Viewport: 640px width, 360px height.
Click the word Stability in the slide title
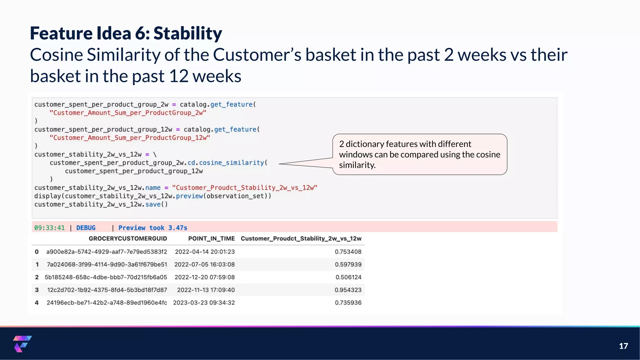(187, 33)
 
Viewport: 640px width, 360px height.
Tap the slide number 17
(623, 346)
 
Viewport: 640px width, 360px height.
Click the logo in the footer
(22, 344)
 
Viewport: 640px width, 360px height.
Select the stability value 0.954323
(348, 290)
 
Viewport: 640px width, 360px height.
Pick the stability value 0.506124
(348, 277)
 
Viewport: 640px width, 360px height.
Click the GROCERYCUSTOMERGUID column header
(127, 239)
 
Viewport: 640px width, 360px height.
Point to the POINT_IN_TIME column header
(211, 239)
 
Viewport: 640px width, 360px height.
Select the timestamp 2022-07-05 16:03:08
(204, 264)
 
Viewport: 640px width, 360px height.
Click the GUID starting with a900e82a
(107, 252)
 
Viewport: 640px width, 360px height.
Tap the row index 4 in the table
(37, 303)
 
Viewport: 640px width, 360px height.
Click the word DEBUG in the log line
(86, 228)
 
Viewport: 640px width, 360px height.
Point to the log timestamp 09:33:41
(49, 228)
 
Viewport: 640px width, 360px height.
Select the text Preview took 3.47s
(152, 228)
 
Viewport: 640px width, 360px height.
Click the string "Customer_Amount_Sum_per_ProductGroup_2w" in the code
(128, 113)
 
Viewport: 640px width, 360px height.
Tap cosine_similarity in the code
(231, 163)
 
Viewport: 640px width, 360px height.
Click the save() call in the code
(156, 204)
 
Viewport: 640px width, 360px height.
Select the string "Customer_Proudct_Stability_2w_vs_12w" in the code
(244, 188)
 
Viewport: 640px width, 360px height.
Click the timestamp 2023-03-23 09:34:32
(204, 303)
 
